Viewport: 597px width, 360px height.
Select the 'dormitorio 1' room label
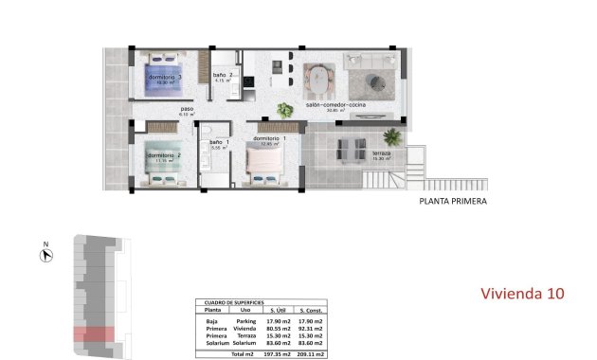271,139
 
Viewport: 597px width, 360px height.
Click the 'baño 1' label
220,142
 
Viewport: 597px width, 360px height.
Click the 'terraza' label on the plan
381,153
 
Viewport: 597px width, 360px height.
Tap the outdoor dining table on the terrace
349,146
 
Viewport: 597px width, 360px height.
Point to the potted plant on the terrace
392,137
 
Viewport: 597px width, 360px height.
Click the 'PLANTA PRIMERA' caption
454,201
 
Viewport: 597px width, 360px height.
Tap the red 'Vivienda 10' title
522,294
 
